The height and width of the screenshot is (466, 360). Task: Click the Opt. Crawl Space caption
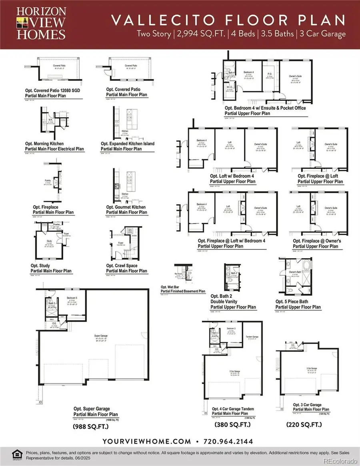pos(126,268)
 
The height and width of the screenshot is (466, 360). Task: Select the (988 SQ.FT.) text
pos(90,427)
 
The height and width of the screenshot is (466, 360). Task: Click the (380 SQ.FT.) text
pos(232,424)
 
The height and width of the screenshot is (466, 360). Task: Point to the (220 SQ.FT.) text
pos(304,424)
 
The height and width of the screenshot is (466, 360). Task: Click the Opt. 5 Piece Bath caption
pos(298,304)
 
